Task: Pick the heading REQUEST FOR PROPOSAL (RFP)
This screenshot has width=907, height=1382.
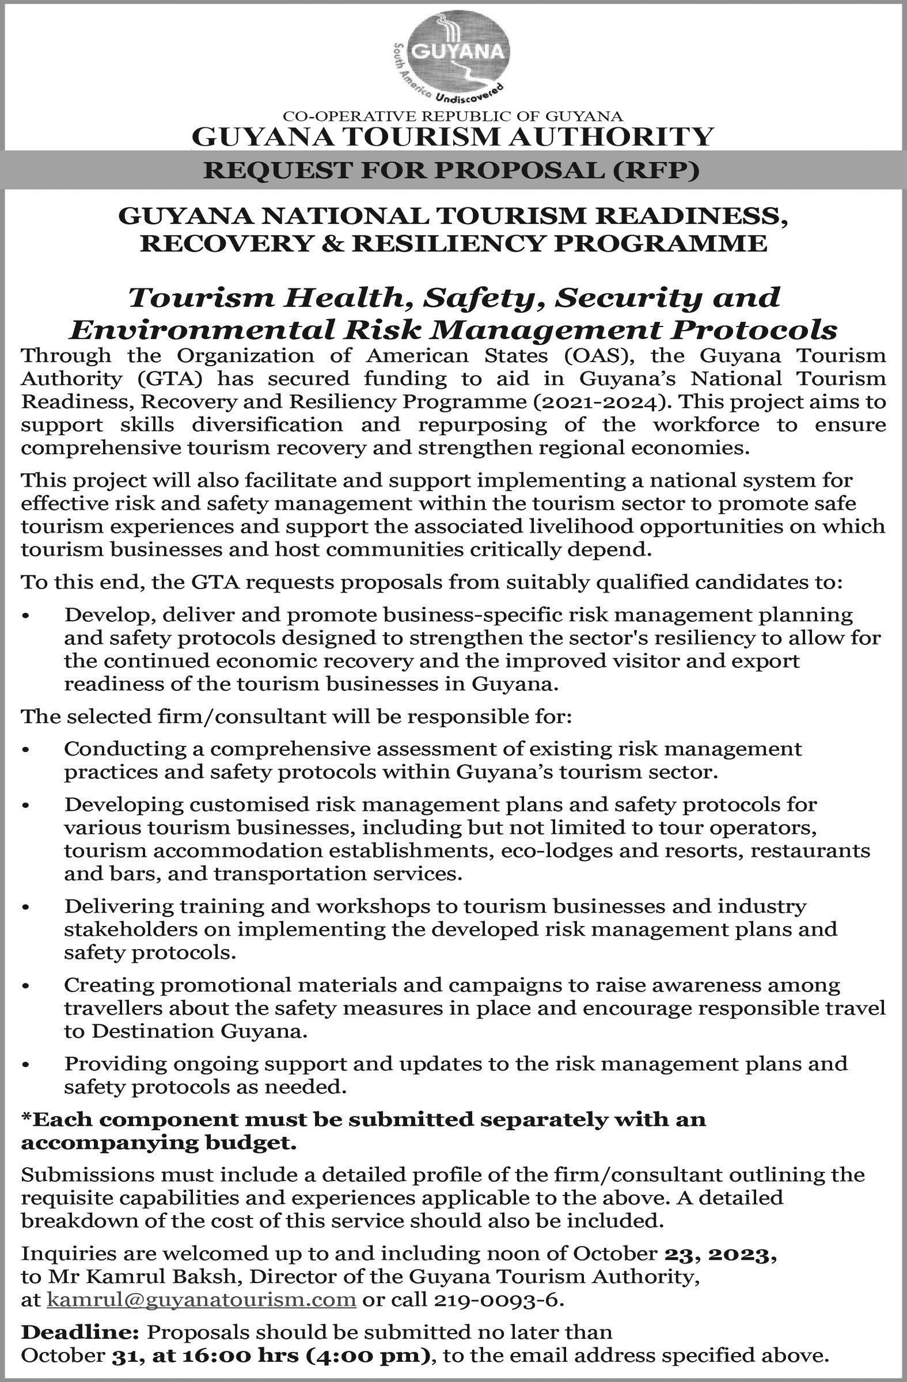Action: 452,170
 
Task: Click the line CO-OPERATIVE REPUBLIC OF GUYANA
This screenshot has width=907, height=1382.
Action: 452,118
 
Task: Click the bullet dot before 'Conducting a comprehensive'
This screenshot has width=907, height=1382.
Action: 25,751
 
